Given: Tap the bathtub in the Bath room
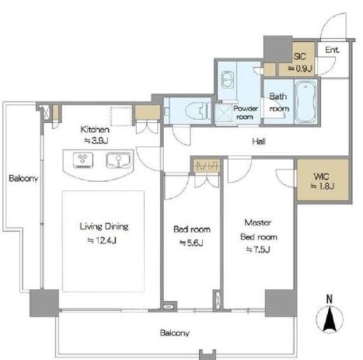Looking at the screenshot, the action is pos(306,102).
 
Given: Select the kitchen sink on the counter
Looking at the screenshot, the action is pos(118,160).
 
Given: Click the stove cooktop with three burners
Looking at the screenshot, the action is pos(83,160).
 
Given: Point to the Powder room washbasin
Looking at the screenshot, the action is pos(228,80).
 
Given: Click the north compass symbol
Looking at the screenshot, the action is pos(329,317).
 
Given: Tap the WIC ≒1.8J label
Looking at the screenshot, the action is pos(323,181).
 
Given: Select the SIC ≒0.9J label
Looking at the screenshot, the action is pos(300,62).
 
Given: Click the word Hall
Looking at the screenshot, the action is pos(259,142).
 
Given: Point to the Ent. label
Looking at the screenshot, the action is pos(332,50).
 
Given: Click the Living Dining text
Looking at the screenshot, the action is pos(104,227).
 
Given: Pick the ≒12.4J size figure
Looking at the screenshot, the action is pos(102,241).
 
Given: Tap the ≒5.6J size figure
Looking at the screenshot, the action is pos(191,243).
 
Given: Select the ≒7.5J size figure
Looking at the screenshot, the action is pos(258,250).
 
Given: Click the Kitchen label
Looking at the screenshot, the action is pos(95,130).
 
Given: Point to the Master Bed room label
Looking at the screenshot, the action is pos(258,230).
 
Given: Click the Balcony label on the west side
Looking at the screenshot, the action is pos(23,179).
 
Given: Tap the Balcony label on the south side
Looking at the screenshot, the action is pos(175,333).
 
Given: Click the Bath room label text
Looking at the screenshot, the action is pos(279,103).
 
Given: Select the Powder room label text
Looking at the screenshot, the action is pos(246,112).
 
